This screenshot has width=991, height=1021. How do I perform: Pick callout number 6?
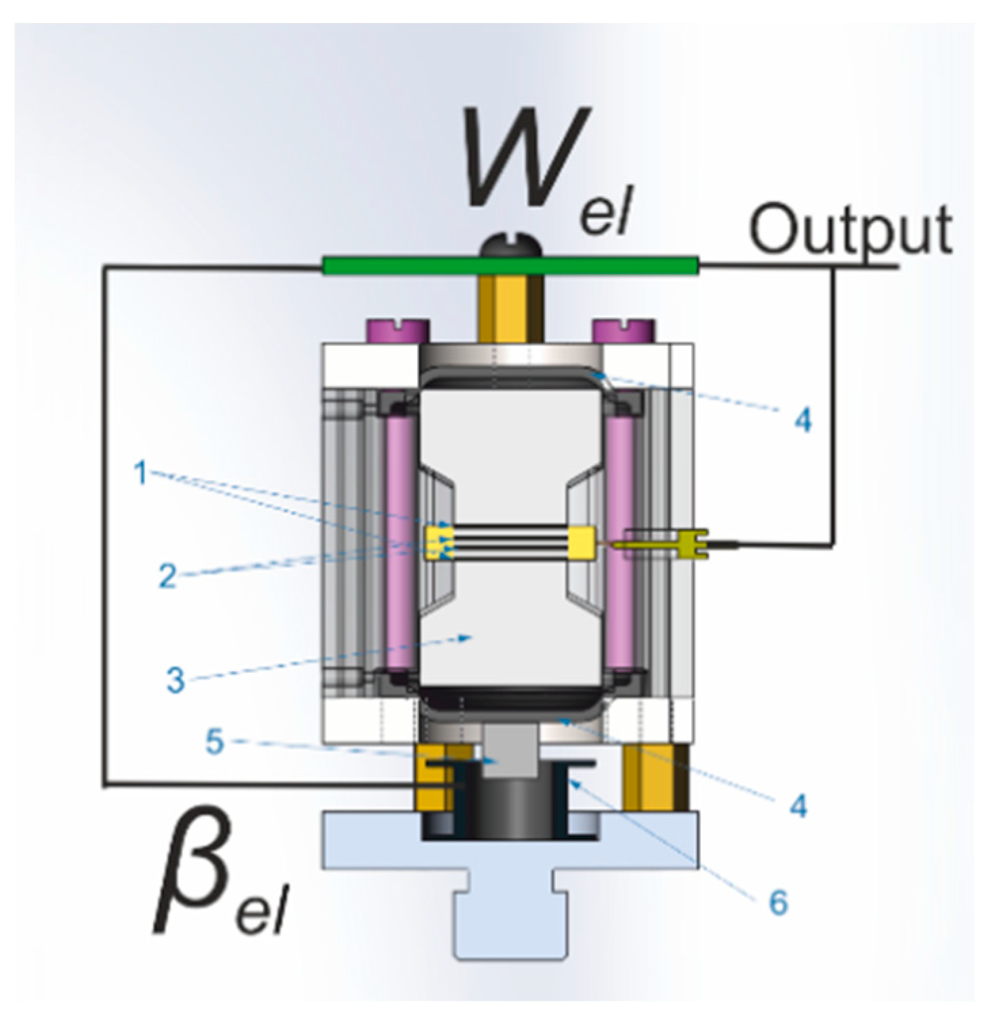click(x=777, y=902)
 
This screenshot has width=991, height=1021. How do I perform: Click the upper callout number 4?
click(x=802, y=420)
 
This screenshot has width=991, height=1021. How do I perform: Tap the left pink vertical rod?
click(x=399, y=542)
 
